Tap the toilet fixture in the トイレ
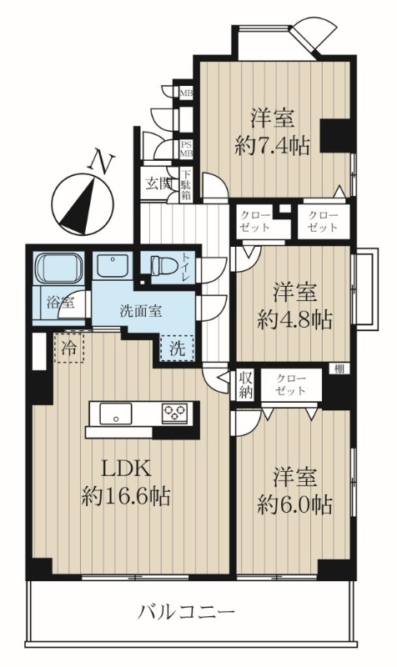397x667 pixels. (x=164, y=265)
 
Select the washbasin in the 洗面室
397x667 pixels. (x=113, y=265)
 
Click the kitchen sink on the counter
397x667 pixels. (x=115, y=414)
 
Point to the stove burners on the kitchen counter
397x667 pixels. (x=175, y=413)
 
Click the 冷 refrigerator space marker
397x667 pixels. (x=68, y=348)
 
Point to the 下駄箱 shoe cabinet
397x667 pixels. (x=186, y=185)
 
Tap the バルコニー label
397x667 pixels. (x=186, y=613)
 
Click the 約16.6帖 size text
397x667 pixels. (x=126, y=495)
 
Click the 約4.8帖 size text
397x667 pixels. (x=294, y=318)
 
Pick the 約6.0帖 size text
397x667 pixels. (x=294, y=504)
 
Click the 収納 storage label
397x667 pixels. (x=245, y=385)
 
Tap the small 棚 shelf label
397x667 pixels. (x=339, y=369)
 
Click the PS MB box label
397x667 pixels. (x=186, y=149)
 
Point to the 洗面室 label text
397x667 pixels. (x=140, y=311)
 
